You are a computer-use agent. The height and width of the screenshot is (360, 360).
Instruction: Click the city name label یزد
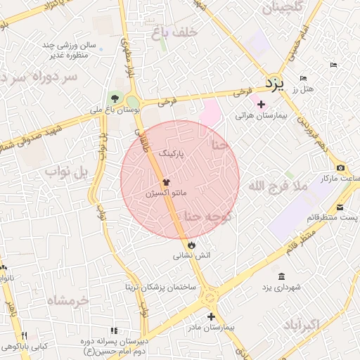point(274,84)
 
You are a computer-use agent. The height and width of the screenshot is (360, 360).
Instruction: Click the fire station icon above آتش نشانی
point(191,244)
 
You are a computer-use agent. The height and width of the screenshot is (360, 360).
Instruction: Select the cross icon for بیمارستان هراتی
point(261,104)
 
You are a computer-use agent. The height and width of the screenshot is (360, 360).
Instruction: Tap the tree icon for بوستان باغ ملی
point(115,98)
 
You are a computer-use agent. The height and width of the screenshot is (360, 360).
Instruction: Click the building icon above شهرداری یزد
point(281,276)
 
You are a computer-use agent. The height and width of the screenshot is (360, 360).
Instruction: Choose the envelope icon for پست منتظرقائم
point(340,207)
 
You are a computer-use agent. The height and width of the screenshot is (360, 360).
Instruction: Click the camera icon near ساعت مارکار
point(341,167)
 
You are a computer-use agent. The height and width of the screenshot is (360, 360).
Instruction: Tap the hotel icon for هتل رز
point(303,78)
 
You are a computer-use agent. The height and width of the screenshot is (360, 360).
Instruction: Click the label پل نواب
point(65,171)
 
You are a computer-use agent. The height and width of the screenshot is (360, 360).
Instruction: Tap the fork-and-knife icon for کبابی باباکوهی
point(25,335)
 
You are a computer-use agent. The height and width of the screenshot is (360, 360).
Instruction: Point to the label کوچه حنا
point(207,217)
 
